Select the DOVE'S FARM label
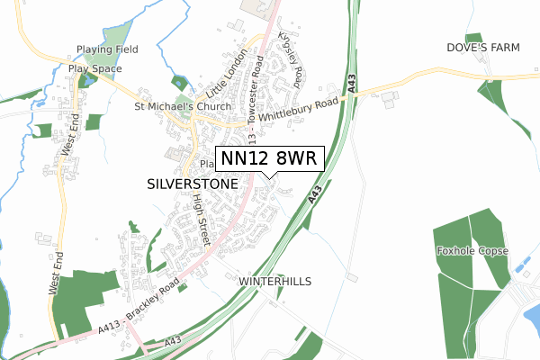coord(483,46)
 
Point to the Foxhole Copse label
coord(472,251)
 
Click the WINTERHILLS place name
coord(275,282)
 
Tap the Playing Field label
coord(106,49)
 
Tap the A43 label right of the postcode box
coord(315,193)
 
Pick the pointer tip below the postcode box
coord(270,177)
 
